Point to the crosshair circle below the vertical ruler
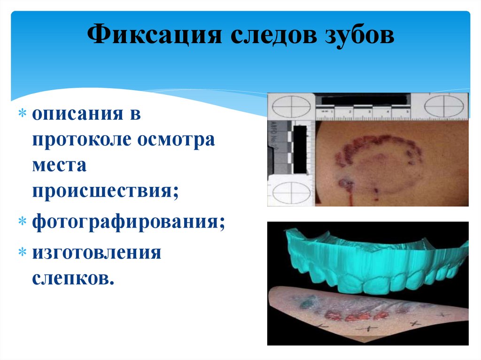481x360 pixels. (x=291, y=193)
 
